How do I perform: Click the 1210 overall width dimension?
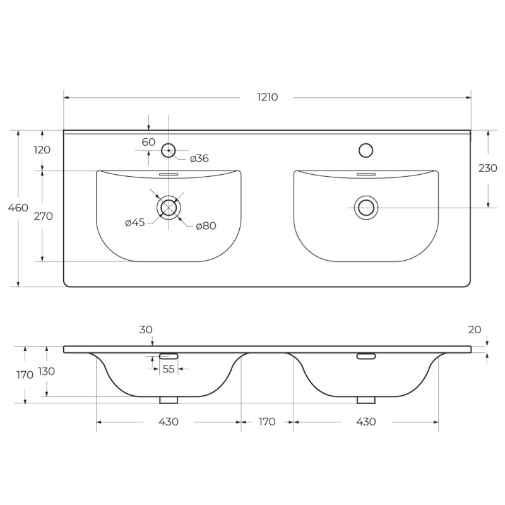tap(267, 97)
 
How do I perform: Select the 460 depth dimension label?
tap(18, 208)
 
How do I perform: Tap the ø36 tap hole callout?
tap(199, 158)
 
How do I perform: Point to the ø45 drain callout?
tap(135, 222)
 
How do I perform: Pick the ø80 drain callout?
tap(206, 226)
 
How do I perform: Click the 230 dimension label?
tap(487, 168)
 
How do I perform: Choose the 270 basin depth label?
tap(43, 216)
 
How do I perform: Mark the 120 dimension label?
tap(42, 150)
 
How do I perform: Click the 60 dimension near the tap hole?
tap(148, 141)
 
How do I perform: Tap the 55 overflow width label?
tap(169, 369)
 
